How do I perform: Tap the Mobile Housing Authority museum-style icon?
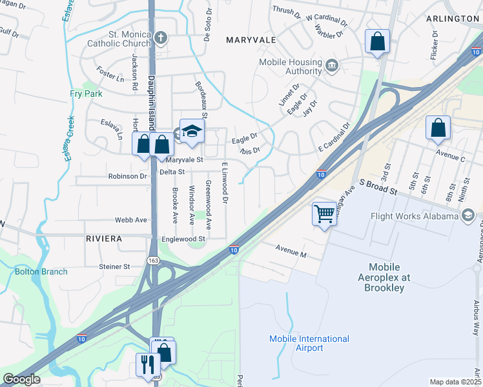tap(331, 64)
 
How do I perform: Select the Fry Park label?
tap(86, 94)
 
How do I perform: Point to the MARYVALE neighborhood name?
tap(251, 40)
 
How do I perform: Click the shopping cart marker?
tap(324, 213)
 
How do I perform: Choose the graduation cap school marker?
tap(192, 132)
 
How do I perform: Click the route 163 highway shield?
tap(153, 261)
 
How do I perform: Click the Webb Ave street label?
tap(131, 220)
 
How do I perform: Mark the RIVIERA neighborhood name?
tap(103, 239)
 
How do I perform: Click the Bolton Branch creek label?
tap(41, 272)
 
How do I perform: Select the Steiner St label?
tap(115, 266)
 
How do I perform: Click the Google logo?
tap(21, 379)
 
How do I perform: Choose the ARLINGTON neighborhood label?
tap(453, 19)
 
